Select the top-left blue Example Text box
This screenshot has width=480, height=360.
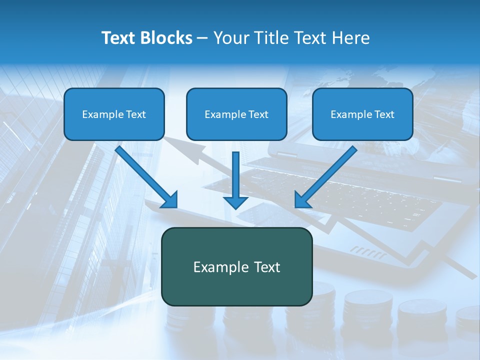114,114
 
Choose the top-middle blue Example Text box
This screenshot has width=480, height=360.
236,114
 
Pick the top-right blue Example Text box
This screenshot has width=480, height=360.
362,114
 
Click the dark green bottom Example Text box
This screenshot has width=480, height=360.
236,266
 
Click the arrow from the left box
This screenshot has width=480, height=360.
145,175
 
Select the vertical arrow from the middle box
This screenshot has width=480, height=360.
235,175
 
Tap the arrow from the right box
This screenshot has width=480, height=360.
327,175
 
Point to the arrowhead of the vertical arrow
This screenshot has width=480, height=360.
235,202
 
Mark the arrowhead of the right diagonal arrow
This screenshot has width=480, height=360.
302,200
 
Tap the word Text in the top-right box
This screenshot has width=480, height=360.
384,114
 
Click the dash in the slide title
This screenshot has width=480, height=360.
203,38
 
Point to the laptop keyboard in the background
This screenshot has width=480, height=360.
350,195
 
